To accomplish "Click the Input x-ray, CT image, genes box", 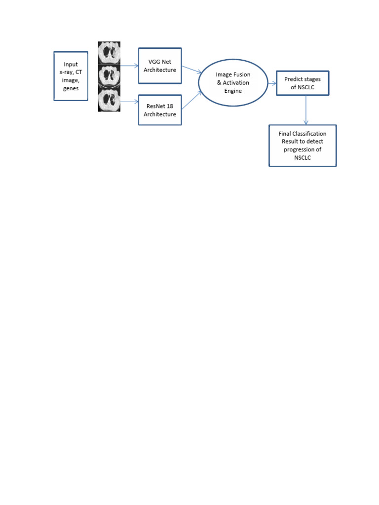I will click(71, 76).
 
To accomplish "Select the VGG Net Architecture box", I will click(160, 66).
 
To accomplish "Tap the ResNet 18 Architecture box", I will click(160, 110).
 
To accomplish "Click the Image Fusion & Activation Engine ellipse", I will click(233, 83).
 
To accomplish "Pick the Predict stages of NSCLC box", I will click(303, 83).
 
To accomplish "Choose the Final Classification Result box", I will click(303, 145).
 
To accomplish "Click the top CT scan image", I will click(109, 53).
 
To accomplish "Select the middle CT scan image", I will click(109, 76).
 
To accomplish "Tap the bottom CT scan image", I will click(109, 100).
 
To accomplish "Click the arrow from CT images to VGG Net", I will click(129, 66).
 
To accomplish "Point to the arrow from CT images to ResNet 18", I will click(129, 102).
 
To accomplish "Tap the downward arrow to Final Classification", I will click(306, 110).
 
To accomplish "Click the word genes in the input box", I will click(71, 89).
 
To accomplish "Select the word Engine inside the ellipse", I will click(233, 91).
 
